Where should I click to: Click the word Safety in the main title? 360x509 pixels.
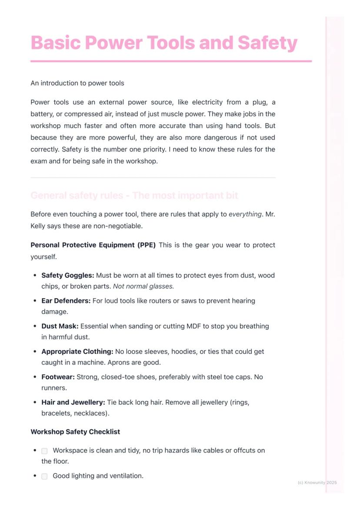(x=267, y=43)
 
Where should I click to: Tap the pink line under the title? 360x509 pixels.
(x=171, y=61)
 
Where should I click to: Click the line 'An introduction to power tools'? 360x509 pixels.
(x=77, y=83)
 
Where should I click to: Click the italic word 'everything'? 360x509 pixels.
(x=245, y=214)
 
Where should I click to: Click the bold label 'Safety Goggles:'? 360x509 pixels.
(x=67, y=276)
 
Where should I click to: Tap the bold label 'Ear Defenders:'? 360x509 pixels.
(x=66, y=301)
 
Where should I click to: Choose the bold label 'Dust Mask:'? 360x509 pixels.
(x=60, y=326)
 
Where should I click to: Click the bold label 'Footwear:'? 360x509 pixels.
(x=58, y=377)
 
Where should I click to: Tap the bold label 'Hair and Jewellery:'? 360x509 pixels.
(x=73, y=403)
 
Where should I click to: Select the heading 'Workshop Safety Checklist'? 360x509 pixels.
(x=75, y=432)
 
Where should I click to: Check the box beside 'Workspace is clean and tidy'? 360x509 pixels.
(x=44, y=451)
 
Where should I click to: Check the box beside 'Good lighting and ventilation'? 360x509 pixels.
(x=44, y=476)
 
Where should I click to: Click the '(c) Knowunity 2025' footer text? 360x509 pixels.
(x=317, y=482)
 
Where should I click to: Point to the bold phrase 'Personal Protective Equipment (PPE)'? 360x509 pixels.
(x=93, y=245)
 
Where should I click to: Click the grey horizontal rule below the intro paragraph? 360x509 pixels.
(x=153, y=178)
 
